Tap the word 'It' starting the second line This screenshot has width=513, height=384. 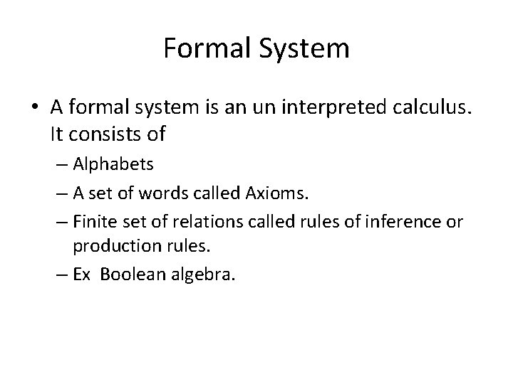(x=58, y=132)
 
